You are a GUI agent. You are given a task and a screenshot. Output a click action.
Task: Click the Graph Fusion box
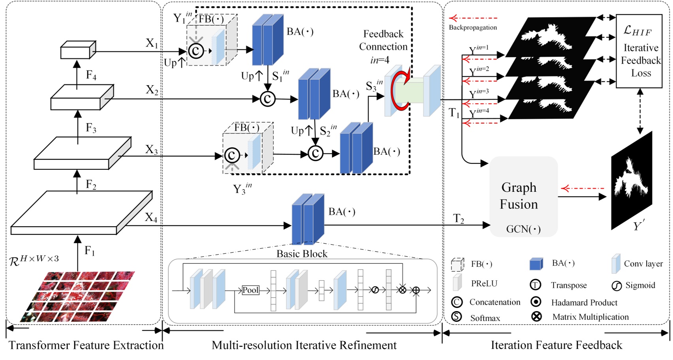click(523, 197)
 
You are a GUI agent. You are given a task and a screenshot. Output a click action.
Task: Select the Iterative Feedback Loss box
click(639, 51)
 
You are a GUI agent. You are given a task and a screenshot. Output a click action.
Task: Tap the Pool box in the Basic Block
click(250, 290)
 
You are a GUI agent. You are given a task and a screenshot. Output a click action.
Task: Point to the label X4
click(151, 217)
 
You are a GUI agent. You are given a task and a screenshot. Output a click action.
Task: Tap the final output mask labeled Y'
click(631, 182)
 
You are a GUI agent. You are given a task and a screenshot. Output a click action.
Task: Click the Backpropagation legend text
click(473, 28)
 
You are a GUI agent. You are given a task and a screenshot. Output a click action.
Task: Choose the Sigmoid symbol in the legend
click(616, 286)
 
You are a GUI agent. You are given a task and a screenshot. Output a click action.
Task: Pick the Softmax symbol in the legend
click(457, 317)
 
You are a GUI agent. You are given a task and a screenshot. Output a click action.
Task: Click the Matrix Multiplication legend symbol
click(536, 317)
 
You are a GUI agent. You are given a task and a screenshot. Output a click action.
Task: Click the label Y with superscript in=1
click(478, 50)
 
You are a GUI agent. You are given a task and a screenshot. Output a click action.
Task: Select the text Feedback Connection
click(383, 40)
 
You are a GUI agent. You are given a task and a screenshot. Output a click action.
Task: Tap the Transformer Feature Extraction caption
click(86, 345)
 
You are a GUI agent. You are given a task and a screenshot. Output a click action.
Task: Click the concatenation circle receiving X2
click(267, 99)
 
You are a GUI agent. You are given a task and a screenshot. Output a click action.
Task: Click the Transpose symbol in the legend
click(535, 285)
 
